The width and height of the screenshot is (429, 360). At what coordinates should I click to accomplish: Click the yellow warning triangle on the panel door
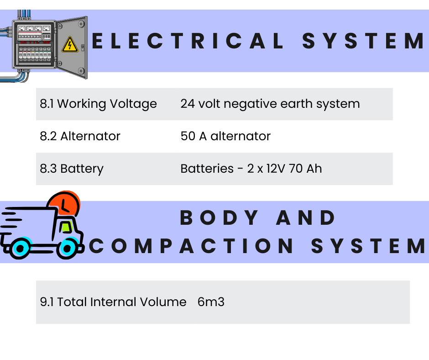70,45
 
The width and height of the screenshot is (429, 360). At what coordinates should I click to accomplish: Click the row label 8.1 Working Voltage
98,104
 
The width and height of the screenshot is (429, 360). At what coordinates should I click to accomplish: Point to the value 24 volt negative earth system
270,104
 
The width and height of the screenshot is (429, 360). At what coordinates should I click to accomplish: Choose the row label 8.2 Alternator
80,136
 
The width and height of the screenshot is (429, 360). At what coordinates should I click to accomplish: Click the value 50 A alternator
225,136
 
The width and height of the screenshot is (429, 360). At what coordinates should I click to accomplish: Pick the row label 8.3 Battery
72,169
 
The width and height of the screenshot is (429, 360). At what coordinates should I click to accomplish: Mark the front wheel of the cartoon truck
68,248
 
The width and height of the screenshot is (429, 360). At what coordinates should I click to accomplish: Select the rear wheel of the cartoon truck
21,248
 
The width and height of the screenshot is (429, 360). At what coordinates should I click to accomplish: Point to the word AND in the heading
306,218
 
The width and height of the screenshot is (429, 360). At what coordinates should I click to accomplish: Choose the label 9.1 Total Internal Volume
113,302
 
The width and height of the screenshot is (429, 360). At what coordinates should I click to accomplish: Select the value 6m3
211,302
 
